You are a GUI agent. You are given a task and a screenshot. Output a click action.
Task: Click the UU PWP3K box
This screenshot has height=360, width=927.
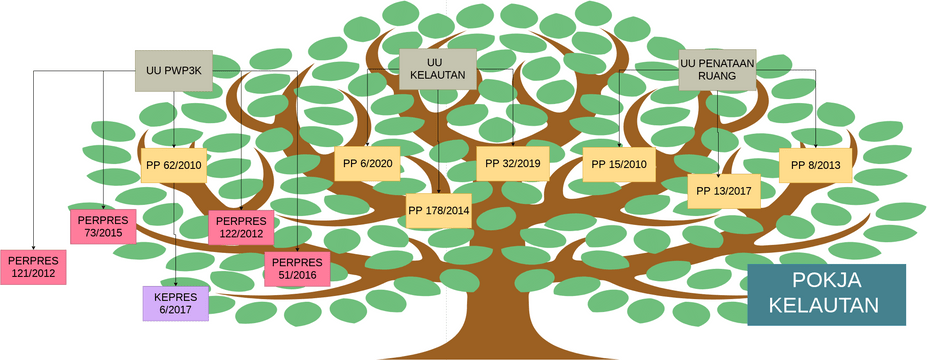pyautogui.click(x=175, y=70)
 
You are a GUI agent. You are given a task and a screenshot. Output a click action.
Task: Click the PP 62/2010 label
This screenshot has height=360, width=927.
pyautogui.click(x=174, y=165)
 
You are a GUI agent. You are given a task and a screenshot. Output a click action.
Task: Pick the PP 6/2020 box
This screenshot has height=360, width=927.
pyautogui.click(x=367, y=163)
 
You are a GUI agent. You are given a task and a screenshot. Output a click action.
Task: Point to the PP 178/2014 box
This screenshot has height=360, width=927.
pyautogui.click(x=438, y=210)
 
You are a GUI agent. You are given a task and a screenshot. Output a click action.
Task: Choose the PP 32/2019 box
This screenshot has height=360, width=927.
pyautogui.click(x=512, y=163)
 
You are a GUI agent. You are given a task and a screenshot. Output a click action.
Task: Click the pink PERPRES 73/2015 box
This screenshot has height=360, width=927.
pyautogui.click(x=103, y=226)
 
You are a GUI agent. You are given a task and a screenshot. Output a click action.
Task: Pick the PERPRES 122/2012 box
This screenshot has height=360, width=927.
pyautogui.click(x=240, y=227)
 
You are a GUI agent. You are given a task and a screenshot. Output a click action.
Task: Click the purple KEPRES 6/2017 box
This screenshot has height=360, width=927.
pyautogui.click(x=176, y=303)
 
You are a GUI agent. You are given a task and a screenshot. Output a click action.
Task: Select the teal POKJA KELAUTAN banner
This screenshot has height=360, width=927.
pyautogui.click(x=826, y=294)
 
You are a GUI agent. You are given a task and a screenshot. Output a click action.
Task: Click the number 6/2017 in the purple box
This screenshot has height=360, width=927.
pyautogui.click(x=176, y=310)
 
